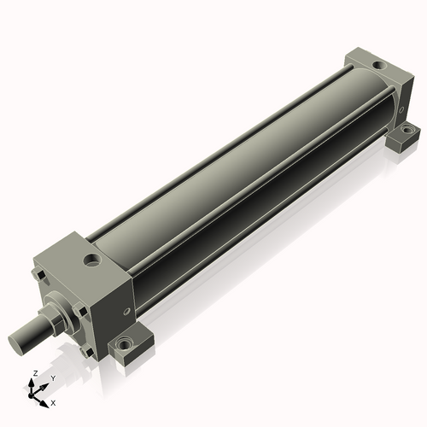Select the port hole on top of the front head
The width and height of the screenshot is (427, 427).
click(x=91, y=260)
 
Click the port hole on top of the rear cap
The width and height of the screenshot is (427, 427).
click(x=379, y=67)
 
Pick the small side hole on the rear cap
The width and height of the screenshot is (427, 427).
click(x=401, y=109)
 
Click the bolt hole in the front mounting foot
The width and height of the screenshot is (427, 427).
click(x=124, y=345)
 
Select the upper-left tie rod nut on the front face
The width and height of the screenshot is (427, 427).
click(x=38, y=275)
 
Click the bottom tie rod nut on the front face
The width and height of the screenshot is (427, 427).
click(x=87, y=352)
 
